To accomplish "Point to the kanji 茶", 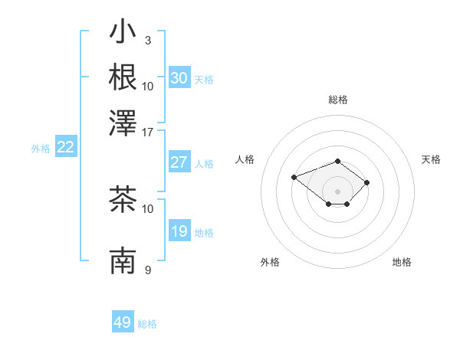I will click(123, 200).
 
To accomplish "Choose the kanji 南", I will click(123, 260).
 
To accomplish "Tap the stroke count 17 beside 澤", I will click(148, 131).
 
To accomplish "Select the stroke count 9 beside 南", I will click(147, 270).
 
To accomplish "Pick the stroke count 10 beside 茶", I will click(148, 208).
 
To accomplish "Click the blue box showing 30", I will click(179, 78).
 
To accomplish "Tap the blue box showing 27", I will click(179, 162).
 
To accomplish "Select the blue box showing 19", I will click(179, 231).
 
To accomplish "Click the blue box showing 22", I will click(65, 148).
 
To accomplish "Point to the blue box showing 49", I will click(123, 322).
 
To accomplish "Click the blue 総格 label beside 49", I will click(147, 324).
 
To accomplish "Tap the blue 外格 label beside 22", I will click(41, 149).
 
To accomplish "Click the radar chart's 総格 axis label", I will click(337, 100).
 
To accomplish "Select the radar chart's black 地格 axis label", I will click(402, 262).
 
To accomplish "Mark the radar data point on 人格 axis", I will click(294, 178).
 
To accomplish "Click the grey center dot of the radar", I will click(337, 191).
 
